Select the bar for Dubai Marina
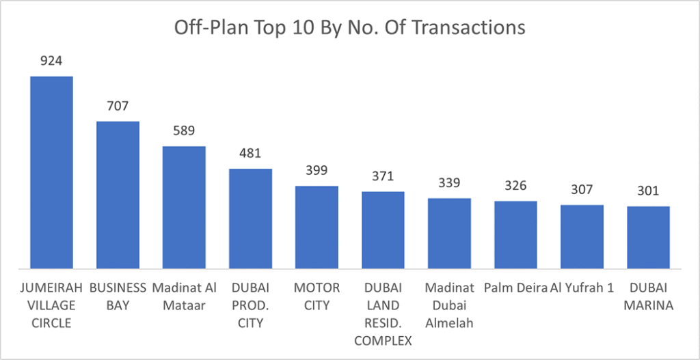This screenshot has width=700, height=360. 649,237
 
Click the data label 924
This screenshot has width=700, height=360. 51,61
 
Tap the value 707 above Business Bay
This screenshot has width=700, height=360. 118,106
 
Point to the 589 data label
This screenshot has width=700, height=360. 184,130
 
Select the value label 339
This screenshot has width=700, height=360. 449,182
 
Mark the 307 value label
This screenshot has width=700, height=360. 582,189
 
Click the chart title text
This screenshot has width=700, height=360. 349,27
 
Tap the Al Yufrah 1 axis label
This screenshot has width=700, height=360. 581,288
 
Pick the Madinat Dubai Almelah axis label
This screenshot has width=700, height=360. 449,305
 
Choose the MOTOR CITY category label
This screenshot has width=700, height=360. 317,296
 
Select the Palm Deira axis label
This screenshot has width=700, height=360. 516,288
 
